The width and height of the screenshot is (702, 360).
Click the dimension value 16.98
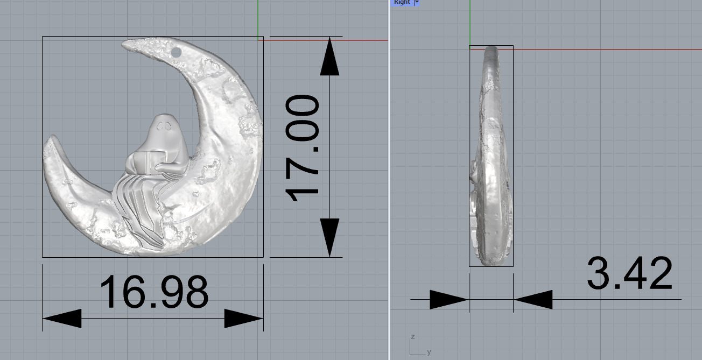pyautogui.click(x=154, y=292)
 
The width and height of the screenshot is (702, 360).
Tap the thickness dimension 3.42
pyautogui.click(x=629, y=274)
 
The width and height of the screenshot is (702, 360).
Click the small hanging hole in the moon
pyautogui.click(x=177, y=52)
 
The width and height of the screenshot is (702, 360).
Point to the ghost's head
pyautogui.click(x=166, y=129)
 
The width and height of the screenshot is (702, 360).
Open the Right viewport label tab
pyautogui.click(x=402, y=2)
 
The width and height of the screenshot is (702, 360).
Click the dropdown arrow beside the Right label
pyautogui.click(x=416, y=2)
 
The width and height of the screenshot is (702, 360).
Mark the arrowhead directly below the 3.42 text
pyautogui.click(x=533, y=300)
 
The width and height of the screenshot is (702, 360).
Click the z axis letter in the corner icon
pyautogui.click(x=412, y=337)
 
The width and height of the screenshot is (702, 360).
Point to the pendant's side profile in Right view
pyautogui.click(x=490, y=156)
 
